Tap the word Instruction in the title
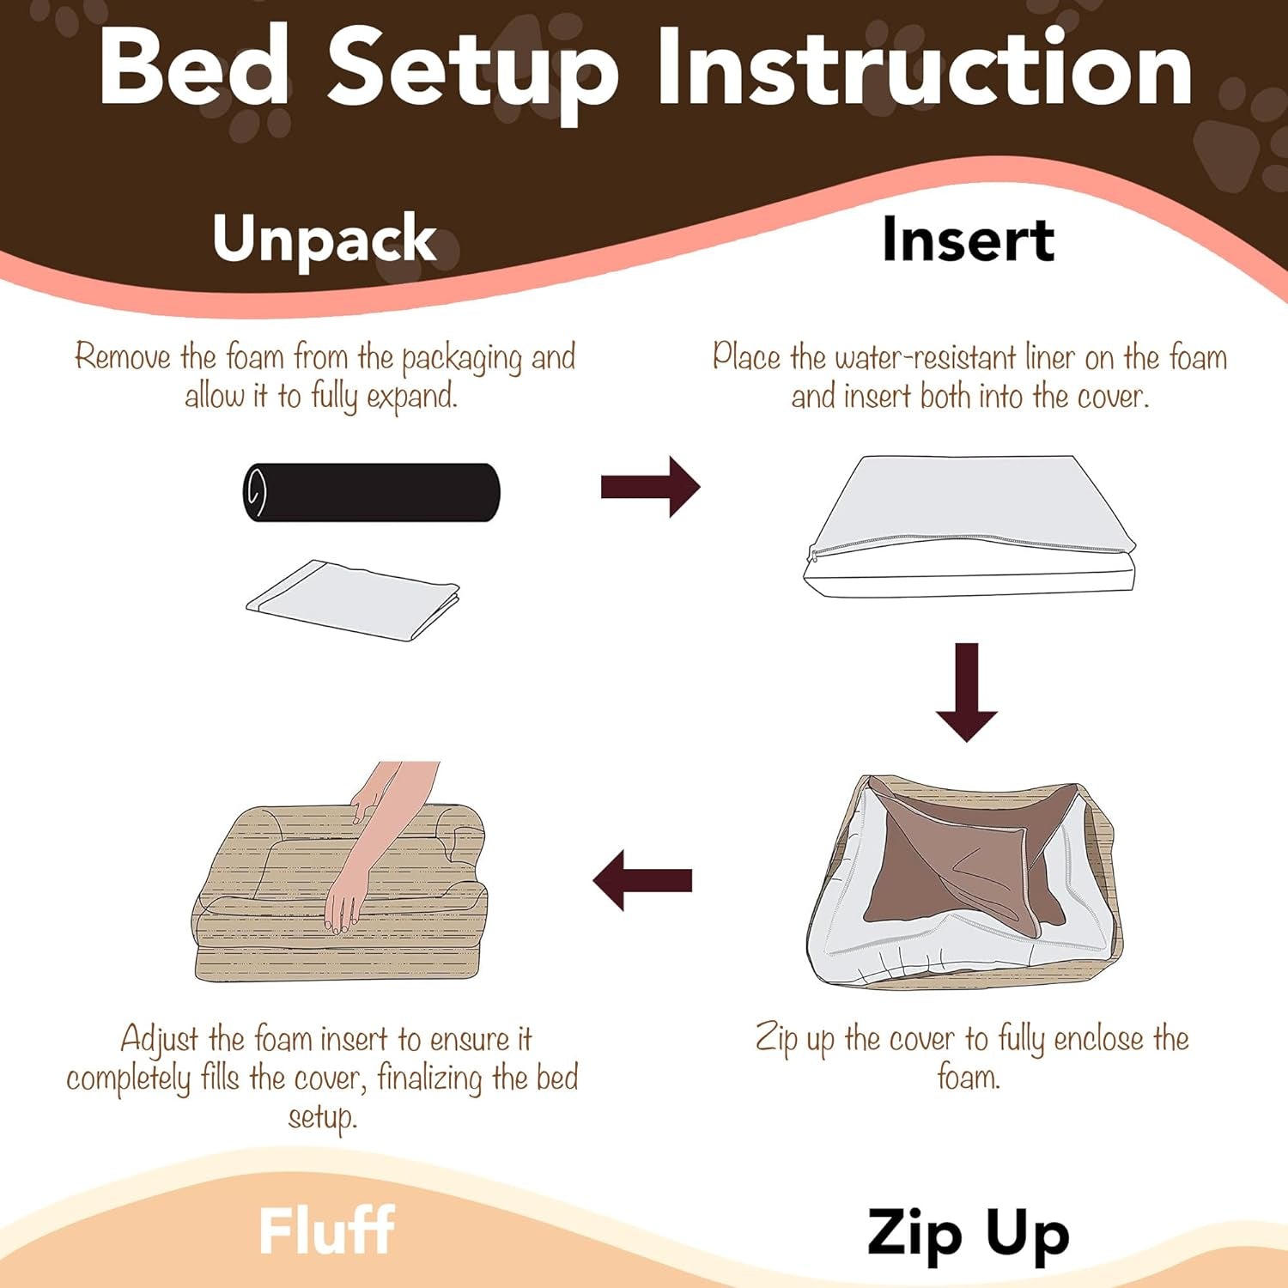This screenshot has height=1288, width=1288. (925, 67)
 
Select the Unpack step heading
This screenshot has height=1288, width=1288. (325, 239)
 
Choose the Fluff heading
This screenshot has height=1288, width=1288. (326, 1230)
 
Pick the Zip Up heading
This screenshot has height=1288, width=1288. (968, 1234)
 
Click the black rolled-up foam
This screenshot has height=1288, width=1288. (371, 492)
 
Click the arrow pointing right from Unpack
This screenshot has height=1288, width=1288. (650, 487)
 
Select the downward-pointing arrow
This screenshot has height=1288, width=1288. (967, 691)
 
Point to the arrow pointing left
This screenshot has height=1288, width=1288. (642, 881)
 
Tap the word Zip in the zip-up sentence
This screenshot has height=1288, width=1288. (776, 1040)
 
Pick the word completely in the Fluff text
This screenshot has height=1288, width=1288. (129, 1079)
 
